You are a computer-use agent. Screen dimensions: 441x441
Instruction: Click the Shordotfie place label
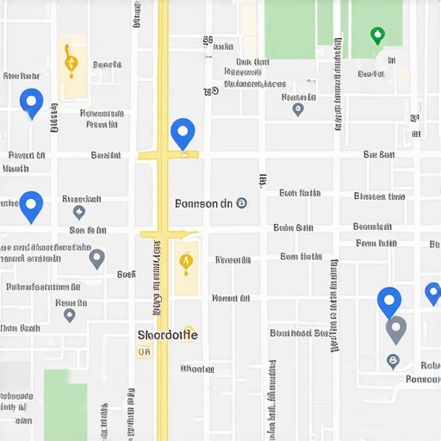click(x=168, y=334)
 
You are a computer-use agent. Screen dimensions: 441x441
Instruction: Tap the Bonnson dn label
click(x=203, y=204)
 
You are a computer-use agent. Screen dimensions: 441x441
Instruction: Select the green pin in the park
click(x=376, y=36)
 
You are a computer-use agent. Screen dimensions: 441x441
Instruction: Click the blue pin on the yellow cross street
click(x=183, y=134)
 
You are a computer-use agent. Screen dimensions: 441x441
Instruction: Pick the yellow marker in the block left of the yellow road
click(x=71, y=61)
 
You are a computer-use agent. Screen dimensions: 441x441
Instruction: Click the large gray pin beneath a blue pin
click(x=395, y=329)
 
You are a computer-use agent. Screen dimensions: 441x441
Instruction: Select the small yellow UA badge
click(x=143, y=351)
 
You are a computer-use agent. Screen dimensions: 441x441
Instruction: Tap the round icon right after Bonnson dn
click(x=241, y=203)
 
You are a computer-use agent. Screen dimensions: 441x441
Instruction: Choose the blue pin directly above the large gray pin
click(x=389, y=301)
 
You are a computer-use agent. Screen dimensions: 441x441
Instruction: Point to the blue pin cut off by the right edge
click(x=432, y=294)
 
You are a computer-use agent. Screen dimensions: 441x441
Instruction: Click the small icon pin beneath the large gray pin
click(x=393, y=361)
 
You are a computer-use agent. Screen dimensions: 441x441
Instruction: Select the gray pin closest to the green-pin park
click(x=298, y=109)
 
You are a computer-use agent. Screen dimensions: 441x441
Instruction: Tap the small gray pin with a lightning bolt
click(x=79, y=212)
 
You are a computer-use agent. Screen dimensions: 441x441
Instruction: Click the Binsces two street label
click(x=379, y=196)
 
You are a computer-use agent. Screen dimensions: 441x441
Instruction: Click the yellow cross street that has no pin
click(x=169, y=234)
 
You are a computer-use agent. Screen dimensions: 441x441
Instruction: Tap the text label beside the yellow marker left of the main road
click(x=107, y=65)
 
